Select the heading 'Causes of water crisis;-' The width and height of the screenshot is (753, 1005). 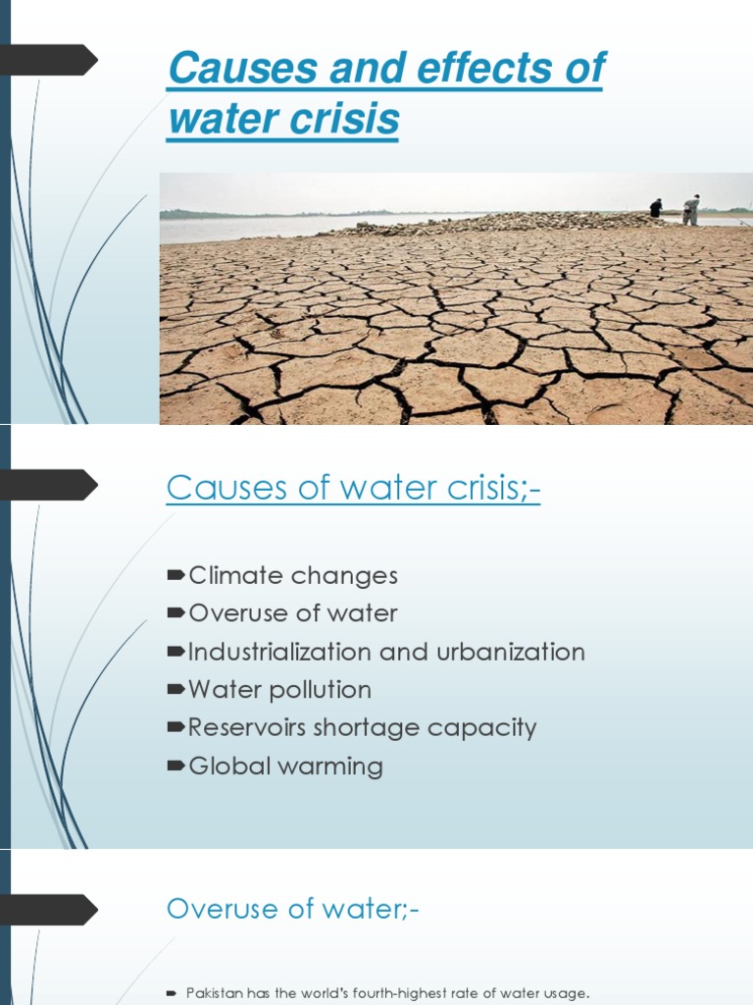tap(353, 487)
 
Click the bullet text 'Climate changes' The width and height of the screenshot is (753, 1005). tap(292, 576)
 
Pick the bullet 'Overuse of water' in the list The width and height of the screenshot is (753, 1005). tap(292, 614)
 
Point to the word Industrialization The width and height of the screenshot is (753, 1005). tap(280, 653)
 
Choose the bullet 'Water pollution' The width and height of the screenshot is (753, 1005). tap(279, 690)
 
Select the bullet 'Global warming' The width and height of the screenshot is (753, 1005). tap(285, 767)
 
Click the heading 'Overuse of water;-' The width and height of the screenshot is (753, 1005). tap(292, 909)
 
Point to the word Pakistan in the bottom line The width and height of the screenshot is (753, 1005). tap(213, 994)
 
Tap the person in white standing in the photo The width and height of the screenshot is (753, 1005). tap(692, 209)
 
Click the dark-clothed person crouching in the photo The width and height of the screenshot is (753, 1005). tap(656, 208)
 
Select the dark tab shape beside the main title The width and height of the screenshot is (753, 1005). tap(53, 61)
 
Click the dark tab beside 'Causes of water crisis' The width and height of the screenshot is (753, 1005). tap(53, 485)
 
